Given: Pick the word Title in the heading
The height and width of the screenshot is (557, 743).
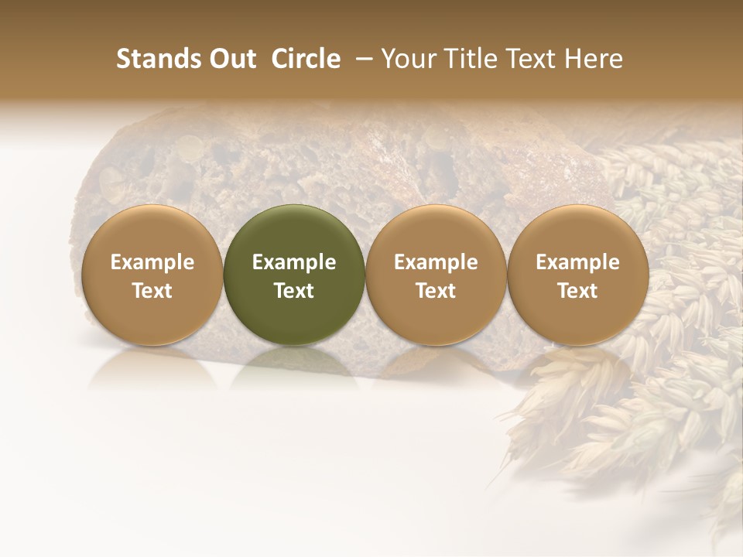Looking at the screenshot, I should click(x=469, y=59).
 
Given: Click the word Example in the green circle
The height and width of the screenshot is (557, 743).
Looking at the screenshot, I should click(x=294, y=262).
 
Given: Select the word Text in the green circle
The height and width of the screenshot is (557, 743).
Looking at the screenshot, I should click(x=294, y=291).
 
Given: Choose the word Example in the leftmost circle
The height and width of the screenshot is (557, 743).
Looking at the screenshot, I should click(x=152, y=262).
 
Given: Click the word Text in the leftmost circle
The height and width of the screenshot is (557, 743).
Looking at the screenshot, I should click(x=152, y=291).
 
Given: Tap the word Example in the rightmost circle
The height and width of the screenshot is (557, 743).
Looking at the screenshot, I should click(x=578, y=262).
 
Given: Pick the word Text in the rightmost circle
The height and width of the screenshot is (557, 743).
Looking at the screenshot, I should click(x=578, y=291).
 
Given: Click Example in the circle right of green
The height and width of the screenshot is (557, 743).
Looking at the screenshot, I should click(x=436, y=262).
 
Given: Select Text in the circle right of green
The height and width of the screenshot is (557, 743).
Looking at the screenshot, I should click(x=436, y=291).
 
